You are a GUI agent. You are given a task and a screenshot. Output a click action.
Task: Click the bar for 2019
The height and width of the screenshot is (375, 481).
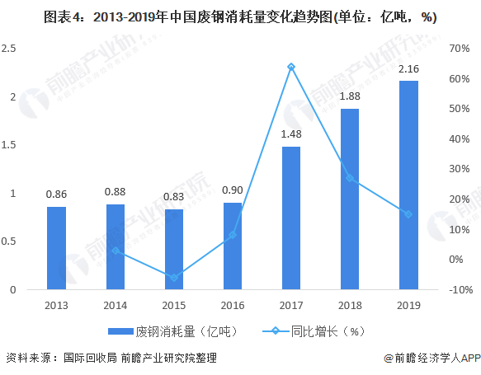click(408, 185)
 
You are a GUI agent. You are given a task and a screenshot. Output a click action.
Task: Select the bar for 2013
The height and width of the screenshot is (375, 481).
click(56, 248)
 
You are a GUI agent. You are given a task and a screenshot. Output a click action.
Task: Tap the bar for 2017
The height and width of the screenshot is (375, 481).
click(290, 218)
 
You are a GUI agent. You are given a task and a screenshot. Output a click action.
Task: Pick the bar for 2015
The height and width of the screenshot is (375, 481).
click(173, 250)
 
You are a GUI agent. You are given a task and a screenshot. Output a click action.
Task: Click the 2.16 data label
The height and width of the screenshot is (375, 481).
click(408, 68)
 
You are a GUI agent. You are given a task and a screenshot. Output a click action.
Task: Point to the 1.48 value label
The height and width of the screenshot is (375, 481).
click(290, 134)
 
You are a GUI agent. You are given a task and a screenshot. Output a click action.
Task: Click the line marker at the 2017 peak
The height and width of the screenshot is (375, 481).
click(290, 67)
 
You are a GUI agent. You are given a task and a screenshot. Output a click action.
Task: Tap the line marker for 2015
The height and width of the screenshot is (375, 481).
click(173, 278)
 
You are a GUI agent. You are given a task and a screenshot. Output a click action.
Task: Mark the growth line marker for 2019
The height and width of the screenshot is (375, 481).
click(408, 214)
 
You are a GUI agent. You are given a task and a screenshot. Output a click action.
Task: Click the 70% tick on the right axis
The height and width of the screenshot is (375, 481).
click(460, 49)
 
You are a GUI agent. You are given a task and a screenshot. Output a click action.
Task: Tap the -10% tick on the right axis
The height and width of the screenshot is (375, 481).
click(460, 290)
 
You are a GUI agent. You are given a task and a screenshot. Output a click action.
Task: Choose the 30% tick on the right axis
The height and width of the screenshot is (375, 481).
click(460, 169)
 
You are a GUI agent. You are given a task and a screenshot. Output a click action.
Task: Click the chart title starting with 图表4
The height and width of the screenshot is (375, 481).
click(240, 16)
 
